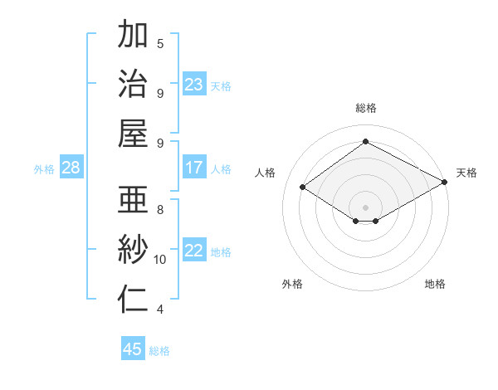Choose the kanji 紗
tap(133, 250)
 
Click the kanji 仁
tap(133, 300)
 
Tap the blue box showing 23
tap(194, 85)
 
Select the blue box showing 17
tap(194, 168)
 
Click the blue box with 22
tap(194, 251)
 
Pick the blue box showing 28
tap(71, 168)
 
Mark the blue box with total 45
tap(133, 349)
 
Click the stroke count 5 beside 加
tap(160, 43)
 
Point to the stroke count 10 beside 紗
tap(160, 260)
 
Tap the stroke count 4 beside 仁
tap(160, 310)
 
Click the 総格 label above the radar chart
tap(366, 108)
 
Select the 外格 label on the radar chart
tap(292, 284)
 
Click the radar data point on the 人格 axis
tap(303, 188)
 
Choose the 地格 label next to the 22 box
tap(221, 252)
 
